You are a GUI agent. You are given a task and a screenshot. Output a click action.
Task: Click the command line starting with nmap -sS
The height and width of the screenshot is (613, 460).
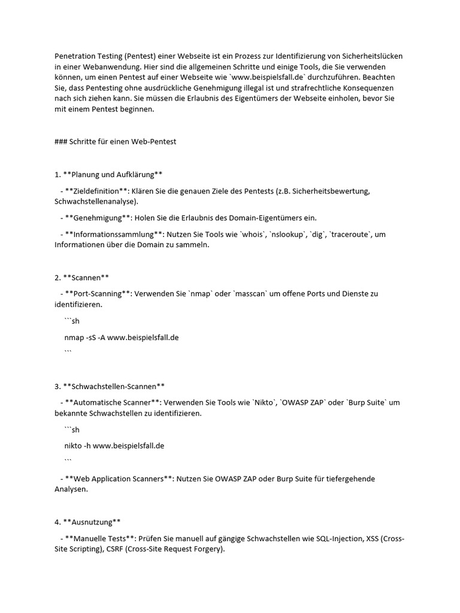(x=122, y=337)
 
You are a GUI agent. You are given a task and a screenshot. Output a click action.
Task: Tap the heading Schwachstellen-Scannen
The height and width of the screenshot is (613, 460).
(x=114, y=386)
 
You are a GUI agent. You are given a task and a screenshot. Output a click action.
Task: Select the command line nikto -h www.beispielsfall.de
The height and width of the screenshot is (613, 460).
(x=114, y=445)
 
